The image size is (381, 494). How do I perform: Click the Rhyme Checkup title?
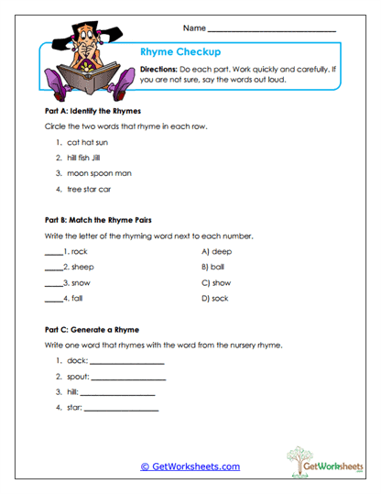pyautogui.click(x=180, y=52)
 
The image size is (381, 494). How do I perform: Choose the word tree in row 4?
pyautogui.click(x=75, y=189)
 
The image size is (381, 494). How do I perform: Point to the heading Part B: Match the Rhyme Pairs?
pyautogui.click(x=98, y=220)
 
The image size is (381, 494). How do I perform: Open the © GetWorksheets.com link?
pyautogui.click(x=190, y=467)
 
